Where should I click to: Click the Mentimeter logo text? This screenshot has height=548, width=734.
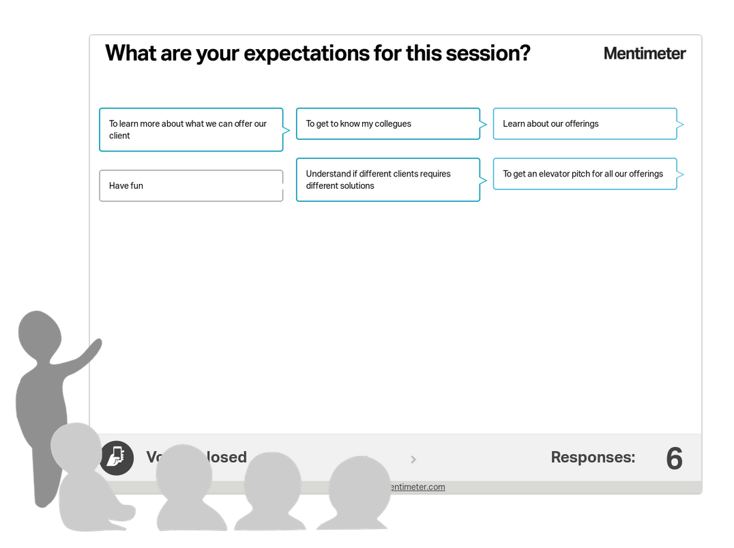[x=644, y=53]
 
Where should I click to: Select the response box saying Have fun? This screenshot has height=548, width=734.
[x=191, y=185]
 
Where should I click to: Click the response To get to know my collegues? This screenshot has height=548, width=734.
[x=387, y=123]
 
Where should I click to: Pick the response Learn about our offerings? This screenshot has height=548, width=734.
[x=585, y=123]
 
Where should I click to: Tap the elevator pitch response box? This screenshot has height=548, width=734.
[x=585, y=174]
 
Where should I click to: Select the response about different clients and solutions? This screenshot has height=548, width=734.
[x=387, y=180]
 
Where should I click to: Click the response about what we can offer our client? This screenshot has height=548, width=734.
[x=191, y=130]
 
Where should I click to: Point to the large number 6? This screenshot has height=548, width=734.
[x=674, y=459]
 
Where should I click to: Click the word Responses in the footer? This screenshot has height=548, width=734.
[x=592, y=457]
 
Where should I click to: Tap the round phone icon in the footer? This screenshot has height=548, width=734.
[x=117, y=457]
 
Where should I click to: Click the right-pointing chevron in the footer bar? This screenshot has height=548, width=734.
[x=413, y=459]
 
